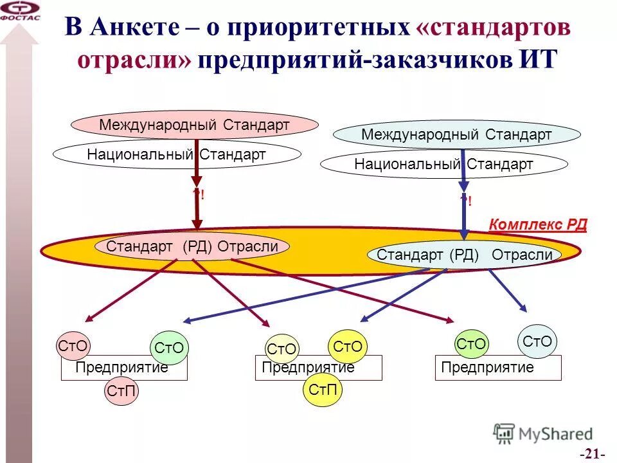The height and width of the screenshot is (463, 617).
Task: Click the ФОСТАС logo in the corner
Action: (20, 11)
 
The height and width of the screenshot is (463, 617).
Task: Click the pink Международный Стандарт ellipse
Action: (195, 124)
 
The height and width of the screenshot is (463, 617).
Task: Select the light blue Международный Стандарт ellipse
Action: (457, 134)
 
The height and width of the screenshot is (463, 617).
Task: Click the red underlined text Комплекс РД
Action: (538, 224)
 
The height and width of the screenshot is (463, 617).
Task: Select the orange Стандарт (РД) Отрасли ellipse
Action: (192, 246)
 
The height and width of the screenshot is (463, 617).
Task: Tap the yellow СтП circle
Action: (323, 390)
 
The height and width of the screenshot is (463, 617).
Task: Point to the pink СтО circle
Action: (73, 346)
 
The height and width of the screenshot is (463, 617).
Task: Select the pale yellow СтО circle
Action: (282, 350)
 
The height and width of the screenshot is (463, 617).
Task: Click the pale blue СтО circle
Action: (537, 341)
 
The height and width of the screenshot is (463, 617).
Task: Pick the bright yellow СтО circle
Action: (348, 347)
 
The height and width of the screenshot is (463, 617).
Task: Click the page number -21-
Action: (592, 454)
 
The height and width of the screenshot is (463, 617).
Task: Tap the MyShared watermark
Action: (543, 434)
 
